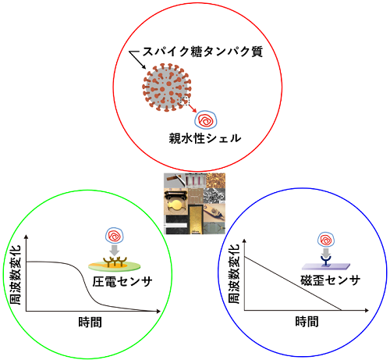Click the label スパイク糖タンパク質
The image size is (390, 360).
pos(203,52)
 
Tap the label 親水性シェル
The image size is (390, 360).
pos(205,138)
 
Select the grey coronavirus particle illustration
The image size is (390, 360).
pos(167,87)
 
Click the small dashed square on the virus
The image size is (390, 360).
pos(185,102)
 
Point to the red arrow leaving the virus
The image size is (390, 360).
pos(193,109)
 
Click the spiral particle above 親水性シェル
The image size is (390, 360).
pos(206,120)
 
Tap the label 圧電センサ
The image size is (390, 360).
pos(122,281)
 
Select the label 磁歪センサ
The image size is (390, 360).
pos(331,280)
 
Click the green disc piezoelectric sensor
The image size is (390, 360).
pos(115,266)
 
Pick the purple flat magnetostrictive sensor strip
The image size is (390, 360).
pos(326,266)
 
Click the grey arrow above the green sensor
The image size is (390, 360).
pos(115,250)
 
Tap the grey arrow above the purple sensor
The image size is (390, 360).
pos(326,252)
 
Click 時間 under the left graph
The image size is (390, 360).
pos(90,323)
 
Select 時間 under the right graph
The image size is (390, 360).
pos(307,322)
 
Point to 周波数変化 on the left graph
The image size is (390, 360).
pos(15,275)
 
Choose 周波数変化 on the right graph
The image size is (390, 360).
pos(233,273)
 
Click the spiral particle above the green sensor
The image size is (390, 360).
pos(115,236)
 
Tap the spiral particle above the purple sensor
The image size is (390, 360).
pos(326,240)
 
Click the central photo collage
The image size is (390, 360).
pos(194,203)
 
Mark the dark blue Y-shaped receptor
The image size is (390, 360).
pos(326,261)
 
